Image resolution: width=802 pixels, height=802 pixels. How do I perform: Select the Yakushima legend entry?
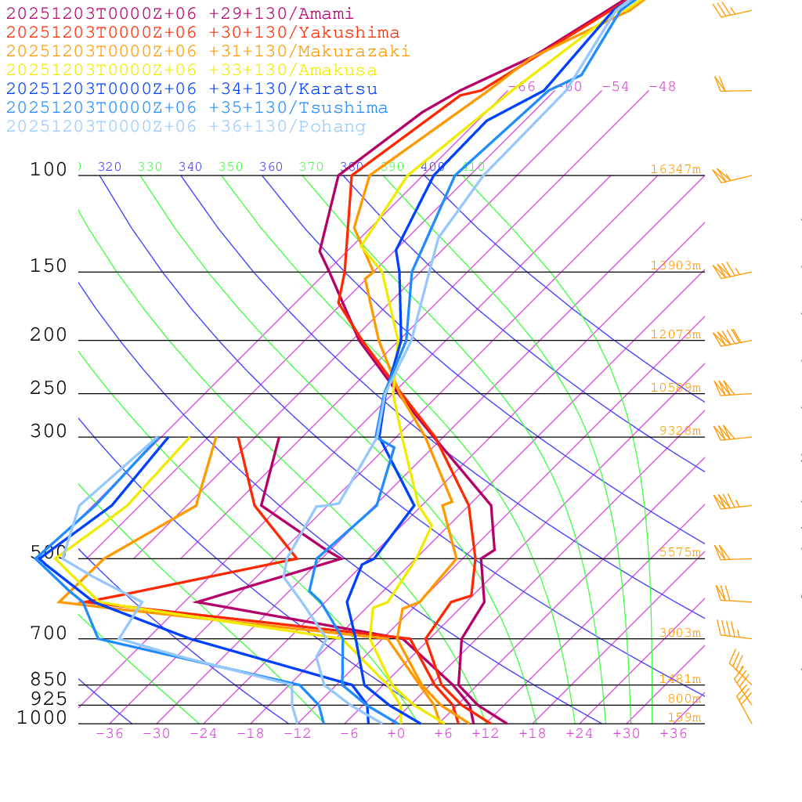click(203, 33)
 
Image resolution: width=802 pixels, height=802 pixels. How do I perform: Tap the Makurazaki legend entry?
click(208, 52)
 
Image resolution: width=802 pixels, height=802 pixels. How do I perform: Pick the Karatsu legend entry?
click(192, 89)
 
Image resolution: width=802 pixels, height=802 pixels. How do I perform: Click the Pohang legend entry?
click(186, 127)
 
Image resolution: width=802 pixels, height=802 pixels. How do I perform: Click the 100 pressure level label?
click(49, 170)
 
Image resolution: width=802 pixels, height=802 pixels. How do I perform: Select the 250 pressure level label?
click(49, 388)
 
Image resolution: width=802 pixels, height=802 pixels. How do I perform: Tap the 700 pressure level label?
click(49, 634)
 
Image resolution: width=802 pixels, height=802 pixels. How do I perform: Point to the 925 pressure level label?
click(49, 699)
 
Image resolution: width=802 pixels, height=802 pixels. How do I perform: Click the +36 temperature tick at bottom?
click(674, 733)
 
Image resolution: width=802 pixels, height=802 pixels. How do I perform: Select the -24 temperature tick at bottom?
click(203, 733)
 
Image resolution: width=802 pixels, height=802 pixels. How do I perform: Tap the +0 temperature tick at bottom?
click(396, 733)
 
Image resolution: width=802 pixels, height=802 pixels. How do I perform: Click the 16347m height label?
click(675, 169)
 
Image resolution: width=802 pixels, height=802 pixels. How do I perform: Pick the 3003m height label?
click(679, 633)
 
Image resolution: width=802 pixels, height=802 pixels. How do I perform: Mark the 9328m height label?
click(679, 431)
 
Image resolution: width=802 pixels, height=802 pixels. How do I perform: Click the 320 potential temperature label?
click(110, 167)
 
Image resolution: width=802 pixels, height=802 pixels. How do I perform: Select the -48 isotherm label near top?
click(662, 87)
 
